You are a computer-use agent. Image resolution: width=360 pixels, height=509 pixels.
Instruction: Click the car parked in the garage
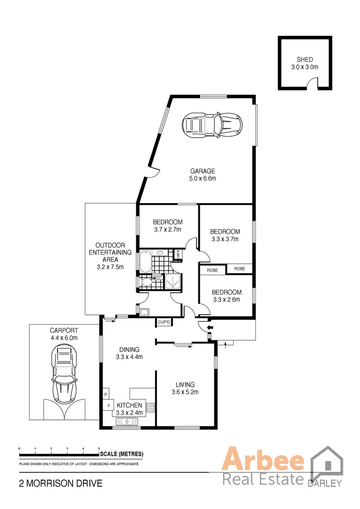(212, 124)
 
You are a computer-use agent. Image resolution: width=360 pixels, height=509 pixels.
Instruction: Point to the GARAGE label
(203, 171)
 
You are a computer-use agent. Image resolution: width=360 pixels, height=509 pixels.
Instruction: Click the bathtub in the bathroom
(145, 262)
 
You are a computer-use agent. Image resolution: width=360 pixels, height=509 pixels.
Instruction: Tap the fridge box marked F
(109, 405)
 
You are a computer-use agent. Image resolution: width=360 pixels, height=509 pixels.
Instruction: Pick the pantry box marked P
(106, 394)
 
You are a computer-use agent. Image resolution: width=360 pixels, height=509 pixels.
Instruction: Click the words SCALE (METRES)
(122, 454)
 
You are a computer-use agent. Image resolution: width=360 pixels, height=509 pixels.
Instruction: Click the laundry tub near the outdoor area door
(144, 312)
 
